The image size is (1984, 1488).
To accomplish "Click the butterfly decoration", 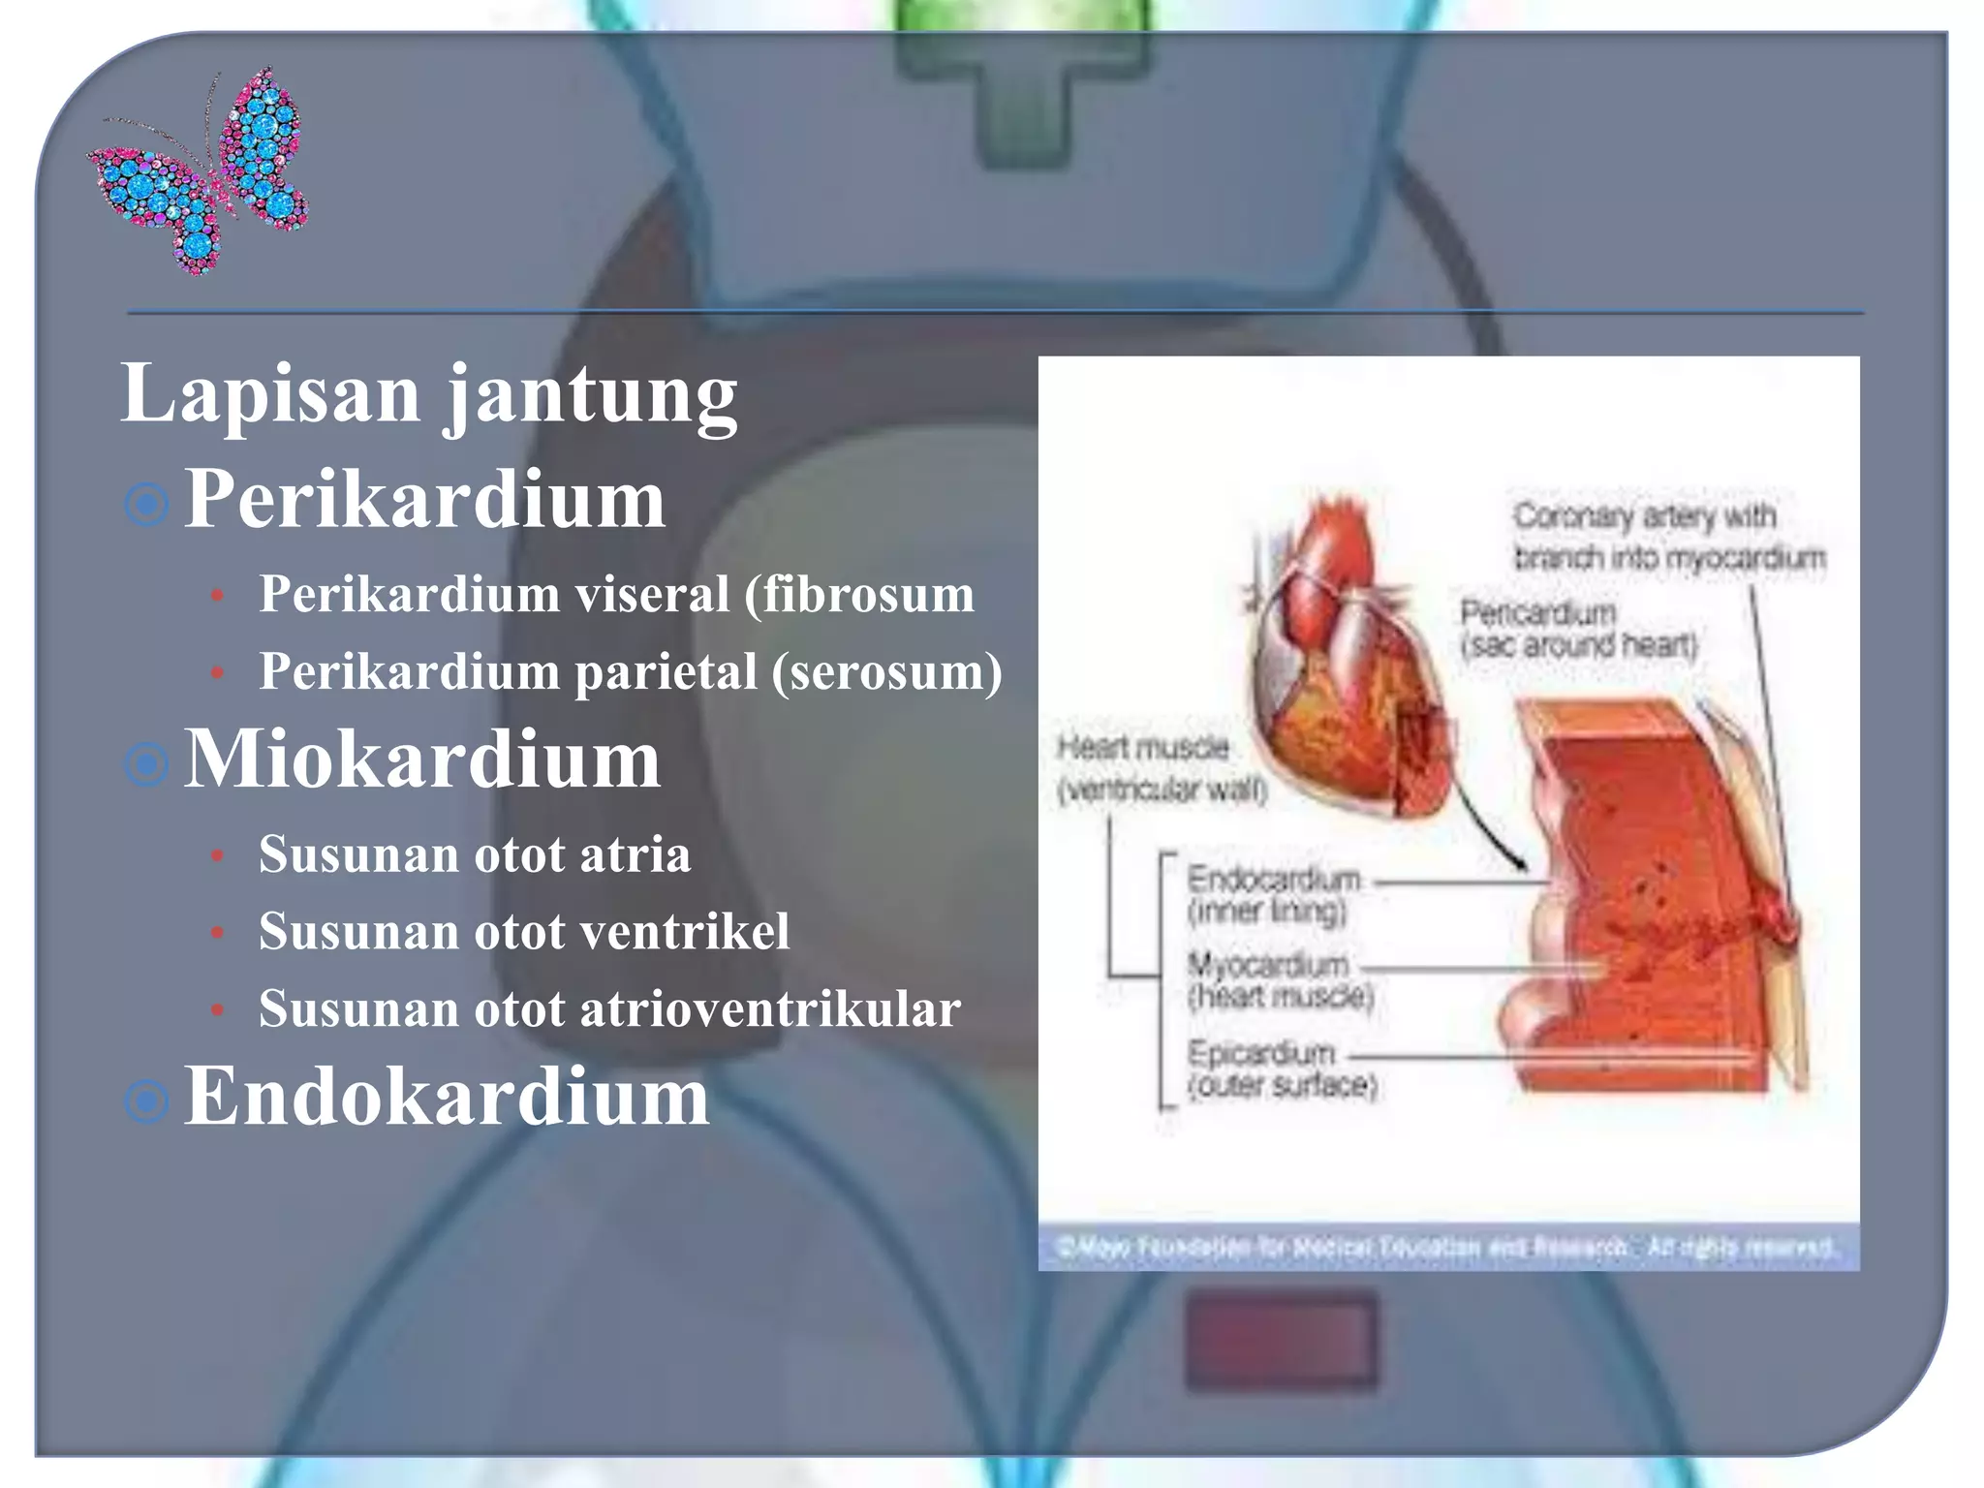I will point(200,170).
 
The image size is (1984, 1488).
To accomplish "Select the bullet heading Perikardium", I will point(424,500).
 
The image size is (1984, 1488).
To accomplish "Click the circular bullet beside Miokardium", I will point(147,764).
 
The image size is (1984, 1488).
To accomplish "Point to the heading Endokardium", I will point(447,1097).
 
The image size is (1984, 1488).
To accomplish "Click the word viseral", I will point(652,594).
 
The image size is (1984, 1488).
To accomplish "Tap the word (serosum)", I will point(886,671).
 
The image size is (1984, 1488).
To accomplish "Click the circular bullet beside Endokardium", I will point(147,1101).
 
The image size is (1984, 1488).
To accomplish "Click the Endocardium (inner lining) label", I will point(1273,894).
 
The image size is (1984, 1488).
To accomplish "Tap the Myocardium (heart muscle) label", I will point(1279,979).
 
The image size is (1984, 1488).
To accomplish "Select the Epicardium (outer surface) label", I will point(1281,1068).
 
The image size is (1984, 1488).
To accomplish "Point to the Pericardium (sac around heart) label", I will point(1577,629).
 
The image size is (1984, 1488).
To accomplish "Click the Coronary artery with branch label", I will point(1667,537).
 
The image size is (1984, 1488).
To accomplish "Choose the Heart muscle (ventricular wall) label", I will point(1161,768).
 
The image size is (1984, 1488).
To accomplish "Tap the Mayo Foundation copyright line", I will point(1447,1248).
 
